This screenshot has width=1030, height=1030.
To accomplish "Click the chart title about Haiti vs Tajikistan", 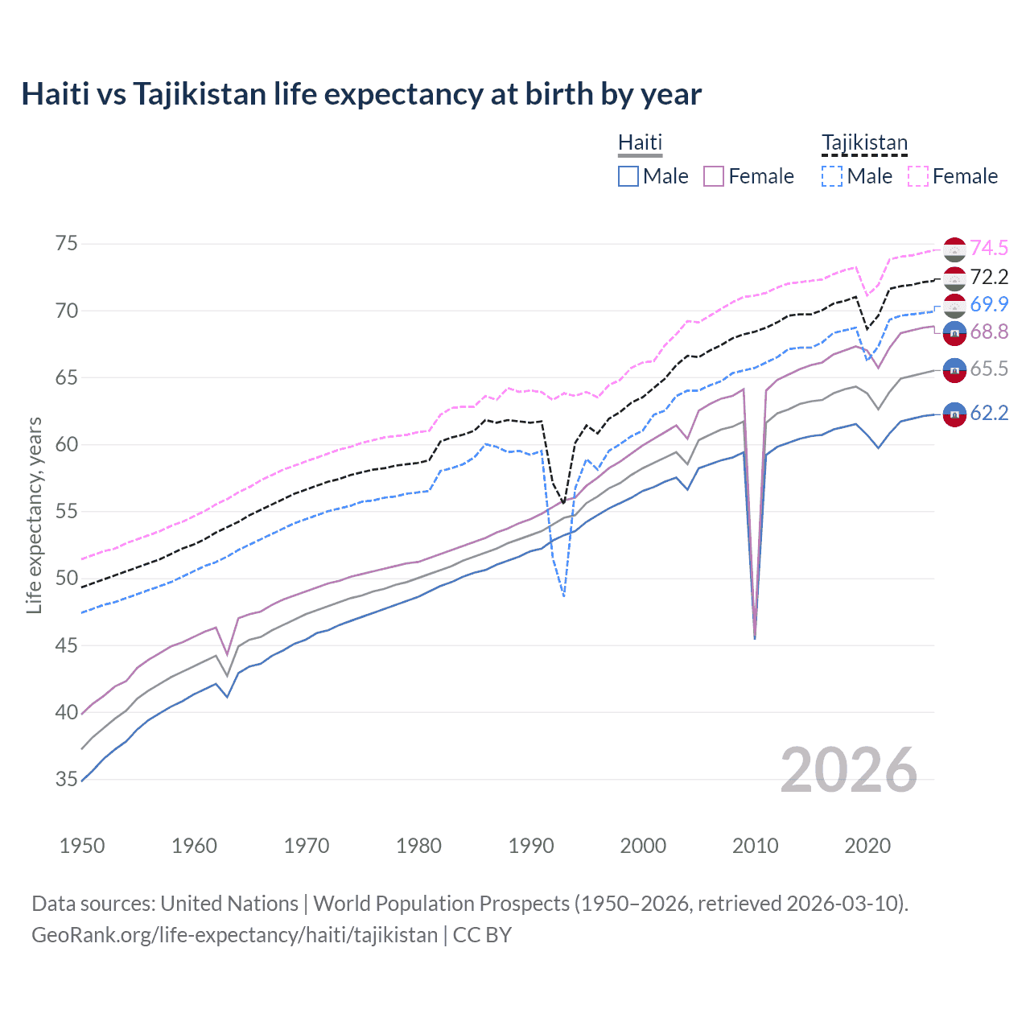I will [361, 94].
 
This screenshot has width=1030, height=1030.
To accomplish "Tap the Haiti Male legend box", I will [628, 176].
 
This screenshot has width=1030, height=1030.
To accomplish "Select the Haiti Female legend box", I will [714, 176].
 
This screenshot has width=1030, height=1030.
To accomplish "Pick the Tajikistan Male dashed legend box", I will [832, 176].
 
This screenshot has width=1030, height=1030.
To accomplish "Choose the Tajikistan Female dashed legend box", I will [917, 176].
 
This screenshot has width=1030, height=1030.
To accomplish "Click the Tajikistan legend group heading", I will [864, 143].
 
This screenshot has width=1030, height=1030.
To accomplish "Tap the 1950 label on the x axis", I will [82, 846].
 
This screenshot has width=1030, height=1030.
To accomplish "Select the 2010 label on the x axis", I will [755, 846].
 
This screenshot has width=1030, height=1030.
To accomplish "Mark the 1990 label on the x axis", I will [531, 846].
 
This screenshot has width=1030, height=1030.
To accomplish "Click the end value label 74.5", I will [989, 249].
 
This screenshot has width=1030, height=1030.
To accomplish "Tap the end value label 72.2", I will [989, 277].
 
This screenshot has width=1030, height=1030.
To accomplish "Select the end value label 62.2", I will [989, 414].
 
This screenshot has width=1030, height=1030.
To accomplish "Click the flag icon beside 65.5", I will [954, 370].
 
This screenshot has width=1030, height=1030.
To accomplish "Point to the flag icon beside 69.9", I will [954, 306].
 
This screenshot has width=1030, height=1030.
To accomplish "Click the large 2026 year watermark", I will [848, 770].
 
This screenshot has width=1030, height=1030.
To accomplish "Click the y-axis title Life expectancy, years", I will [35, 515].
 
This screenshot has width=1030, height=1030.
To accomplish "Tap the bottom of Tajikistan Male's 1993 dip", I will [563, 595].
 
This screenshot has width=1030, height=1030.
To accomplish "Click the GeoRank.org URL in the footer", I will [234, 935].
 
